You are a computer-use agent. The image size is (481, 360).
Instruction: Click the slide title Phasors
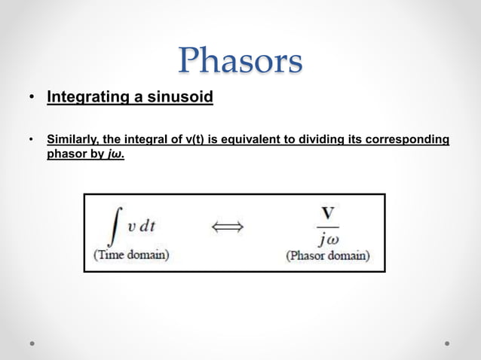click(240, 61)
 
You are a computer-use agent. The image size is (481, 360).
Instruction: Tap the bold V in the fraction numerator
click(327, 213)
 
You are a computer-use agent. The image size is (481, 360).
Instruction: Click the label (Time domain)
click(130, 255)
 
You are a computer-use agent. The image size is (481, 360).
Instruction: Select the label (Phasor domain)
click(327, 255)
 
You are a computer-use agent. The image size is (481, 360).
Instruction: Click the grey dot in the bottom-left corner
click(33, 343)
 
